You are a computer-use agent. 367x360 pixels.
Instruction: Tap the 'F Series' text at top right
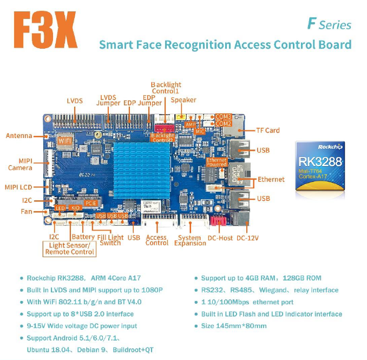click(x=329, y=24)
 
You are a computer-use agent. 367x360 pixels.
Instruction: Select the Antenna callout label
click(x=19, y=135)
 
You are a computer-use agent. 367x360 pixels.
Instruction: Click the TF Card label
click(x=267, y=130)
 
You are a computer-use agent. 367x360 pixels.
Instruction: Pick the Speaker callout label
click(x=183, y=100)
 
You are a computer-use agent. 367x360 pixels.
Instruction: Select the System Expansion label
click(x=190, y=240)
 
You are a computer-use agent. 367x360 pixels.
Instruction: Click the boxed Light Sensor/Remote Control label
click(x=69, y=248)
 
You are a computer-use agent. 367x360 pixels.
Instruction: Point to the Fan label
click(x=27, y=211)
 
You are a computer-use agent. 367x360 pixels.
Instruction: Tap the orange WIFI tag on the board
click(x=65, y=141)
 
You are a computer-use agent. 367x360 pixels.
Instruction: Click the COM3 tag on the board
click(x=223, y=116)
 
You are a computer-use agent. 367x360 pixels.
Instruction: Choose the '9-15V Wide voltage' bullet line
click(x=82, y=326)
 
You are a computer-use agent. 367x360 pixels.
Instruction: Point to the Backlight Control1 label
click(x=166, y=88)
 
